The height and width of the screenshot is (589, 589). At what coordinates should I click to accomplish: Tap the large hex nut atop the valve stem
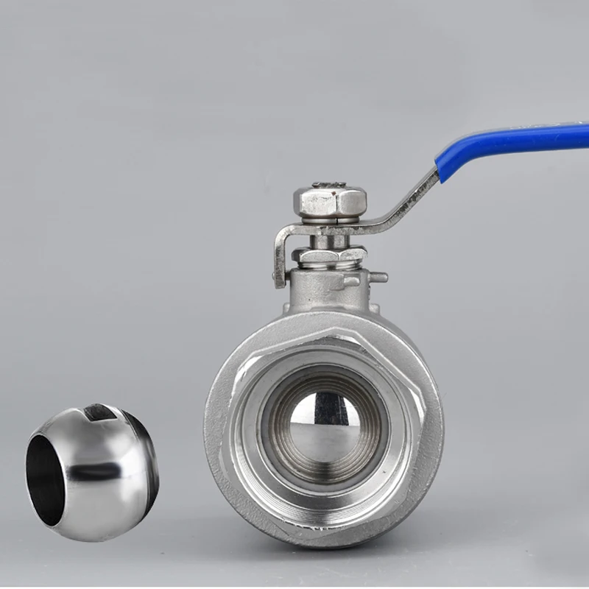[x=330, y=200]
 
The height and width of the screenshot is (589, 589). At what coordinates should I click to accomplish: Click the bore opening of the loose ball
[x=46, y=479]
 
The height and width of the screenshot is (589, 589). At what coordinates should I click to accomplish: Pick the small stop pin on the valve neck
[x=378, y=277]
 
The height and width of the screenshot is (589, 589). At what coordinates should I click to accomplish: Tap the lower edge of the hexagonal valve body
[x=324, y=541]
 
